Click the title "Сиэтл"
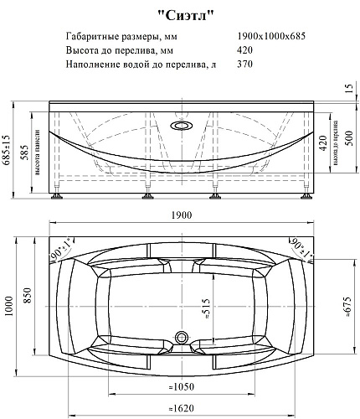coord(186,16)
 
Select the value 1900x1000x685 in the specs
coord(271,36)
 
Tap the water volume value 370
coord(244,64)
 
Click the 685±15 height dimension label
coord(7,150)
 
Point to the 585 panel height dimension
coord(25,153)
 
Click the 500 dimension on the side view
coord(349,138)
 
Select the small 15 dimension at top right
coord(349,88)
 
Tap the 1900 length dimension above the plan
coord(182,215)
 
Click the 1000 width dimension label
coord(9,307)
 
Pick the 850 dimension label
coord(28,295)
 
